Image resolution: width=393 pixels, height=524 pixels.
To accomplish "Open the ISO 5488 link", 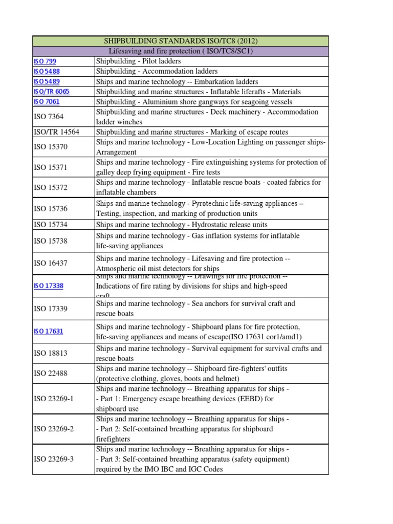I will (x=48, y=72).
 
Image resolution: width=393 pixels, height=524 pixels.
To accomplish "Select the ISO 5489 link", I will (x=48, y=82).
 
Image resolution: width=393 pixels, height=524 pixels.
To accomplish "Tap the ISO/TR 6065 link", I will (x=52, y=92).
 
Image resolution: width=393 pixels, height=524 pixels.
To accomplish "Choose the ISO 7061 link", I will (x=48, y=102).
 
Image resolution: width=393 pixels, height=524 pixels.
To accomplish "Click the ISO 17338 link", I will (x=49, y=286).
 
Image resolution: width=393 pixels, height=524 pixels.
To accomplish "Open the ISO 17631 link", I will (x=49, y=331).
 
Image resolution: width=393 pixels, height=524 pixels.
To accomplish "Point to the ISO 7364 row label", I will (x=49, y=117).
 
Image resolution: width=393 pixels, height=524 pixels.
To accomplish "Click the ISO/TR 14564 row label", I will (x=56, y=132).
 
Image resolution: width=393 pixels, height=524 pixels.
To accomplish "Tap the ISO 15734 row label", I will (x=51, y=225).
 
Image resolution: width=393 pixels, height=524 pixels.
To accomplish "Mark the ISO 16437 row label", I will (x=51, y=264).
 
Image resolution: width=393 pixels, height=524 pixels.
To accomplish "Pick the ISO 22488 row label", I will (x=51, y=374).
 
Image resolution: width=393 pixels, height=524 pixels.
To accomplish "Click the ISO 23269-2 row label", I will (x=54, y=429).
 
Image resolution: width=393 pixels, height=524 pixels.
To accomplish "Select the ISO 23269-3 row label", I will (x=54, y=459).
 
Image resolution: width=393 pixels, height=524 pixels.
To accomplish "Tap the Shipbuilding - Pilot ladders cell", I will (x=139, y=61).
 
